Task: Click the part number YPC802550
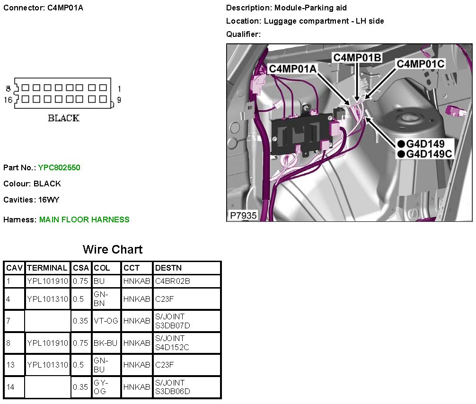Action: [59, 167]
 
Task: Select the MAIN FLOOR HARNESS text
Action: [84, 220]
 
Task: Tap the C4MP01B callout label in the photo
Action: [357, 57]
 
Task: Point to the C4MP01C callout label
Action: [420, 63]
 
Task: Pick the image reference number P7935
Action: [244, 215]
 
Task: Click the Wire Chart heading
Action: [113, 249]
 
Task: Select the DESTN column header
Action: [168, 268]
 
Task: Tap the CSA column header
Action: [81, 268]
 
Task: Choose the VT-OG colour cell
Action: [106, 321]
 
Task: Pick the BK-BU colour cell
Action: [106, 343]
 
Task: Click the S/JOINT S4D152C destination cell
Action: [173, 343]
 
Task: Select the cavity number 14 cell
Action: [10, 387]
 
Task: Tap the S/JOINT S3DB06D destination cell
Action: [173, 387]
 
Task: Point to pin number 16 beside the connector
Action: [8, 99]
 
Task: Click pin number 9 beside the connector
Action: [119, 100]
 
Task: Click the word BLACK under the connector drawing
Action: [63, 118]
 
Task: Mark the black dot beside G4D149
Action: [401, 144]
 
